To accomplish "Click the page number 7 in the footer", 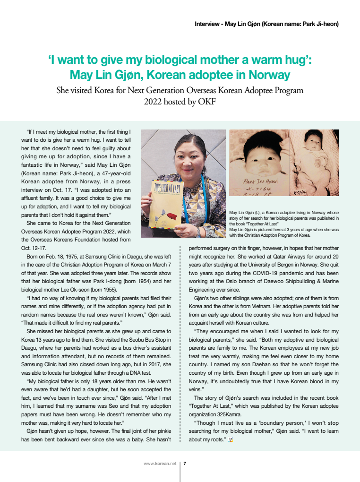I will pos(185,464).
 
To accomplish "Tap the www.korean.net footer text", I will pos(160,464).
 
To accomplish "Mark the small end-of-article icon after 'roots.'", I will pos(231,439).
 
